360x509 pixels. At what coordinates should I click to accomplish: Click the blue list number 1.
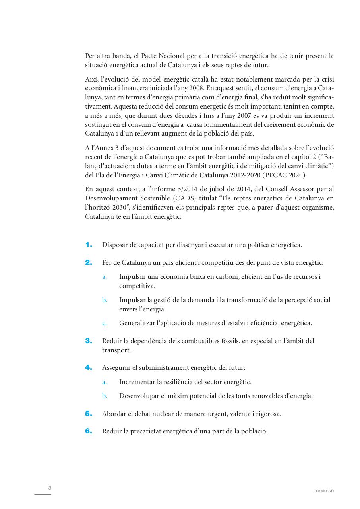88,245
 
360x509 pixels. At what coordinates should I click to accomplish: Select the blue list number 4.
88,368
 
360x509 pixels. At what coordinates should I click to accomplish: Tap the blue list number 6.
88,431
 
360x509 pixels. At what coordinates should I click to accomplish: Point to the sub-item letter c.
105,323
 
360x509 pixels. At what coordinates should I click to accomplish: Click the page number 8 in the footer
50,488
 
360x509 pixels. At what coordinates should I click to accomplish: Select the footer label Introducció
323,491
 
